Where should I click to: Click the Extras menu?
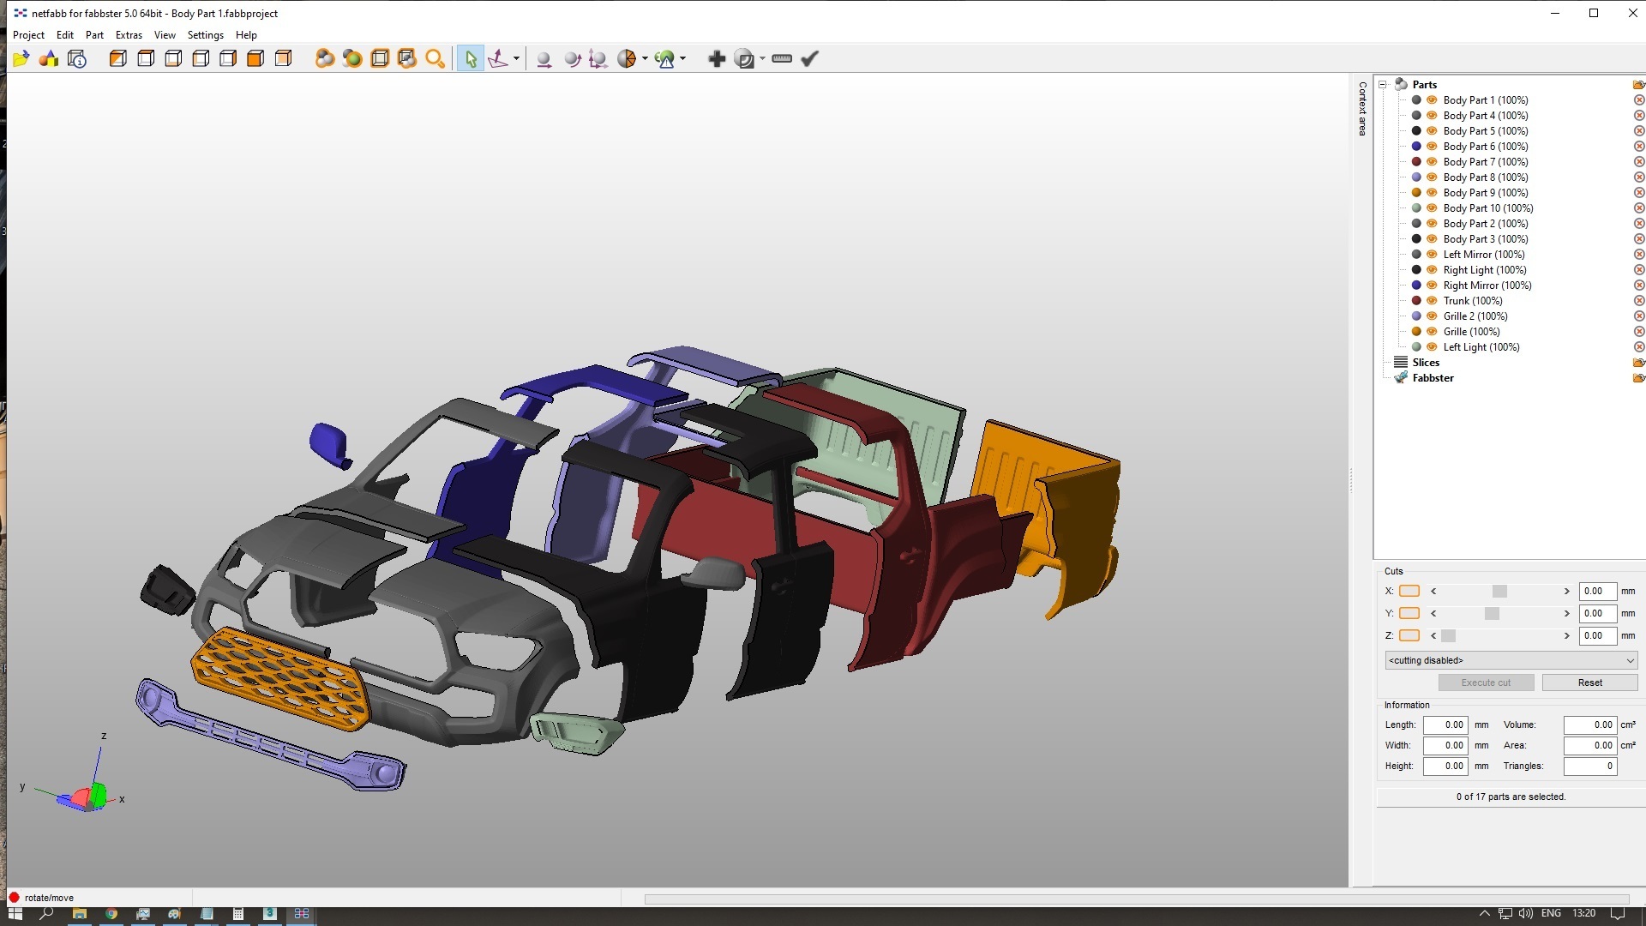pyautogui.click(x=129, y=35)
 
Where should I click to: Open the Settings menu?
pyautogui.click(x=205, y=35)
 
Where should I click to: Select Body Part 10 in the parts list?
pyautogui.click(x=1487, y=208)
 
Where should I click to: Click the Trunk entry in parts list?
pyautogui.click(x=1472, y=301)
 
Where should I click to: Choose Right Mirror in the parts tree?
pyautogui.click(x=1487, y=286)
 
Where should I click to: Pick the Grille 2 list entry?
pyautogui.click(x=1475, y=316)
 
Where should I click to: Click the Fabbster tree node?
pyautogui.click(x=1433, y=378)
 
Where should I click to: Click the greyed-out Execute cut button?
pyautogui.click(x=1486, y=682)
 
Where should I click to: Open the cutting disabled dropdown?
pyautogui.click(x=1511, y=660)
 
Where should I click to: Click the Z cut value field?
pyautogui.click(x=1597, y=635)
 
